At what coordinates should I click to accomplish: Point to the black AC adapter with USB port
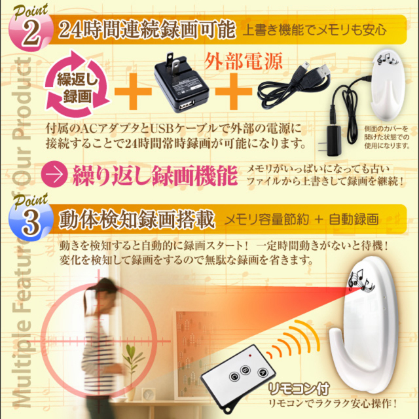click(x=178, y=84)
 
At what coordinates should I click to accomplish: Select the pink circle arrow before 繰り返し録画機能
click(x=57, y=175)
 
